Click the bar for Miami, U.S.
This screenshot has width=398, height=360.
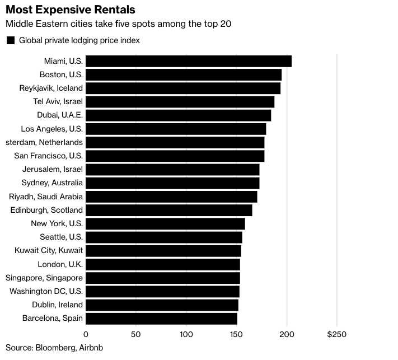pyautogui.click(x=189, y=61)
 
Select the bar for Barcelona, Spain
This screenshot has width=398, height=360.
pyautogui.click(x=161, y=319)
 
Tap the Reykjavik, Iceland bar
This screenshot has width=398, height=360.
pyautogui.click(x=183, y=88)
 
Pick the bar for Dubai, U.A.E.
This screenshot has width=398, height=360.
pyautogui.click(x=179, y=115)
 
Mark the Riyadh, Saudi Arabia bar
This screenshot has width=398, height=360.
pyautogui.click(x=171, y=197)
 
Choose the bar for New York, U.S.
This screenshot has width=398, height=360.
pyautogui.click(x=165, y=223)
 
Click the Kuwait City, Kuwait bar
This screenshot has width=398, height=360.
pyautogui.click(x=163, y=251)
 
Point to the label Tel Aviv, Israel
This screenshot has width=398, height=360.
pyautogui.click(x=58, y=101)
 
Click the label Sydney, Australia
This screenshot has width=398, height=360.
pyautogui.click(x=52, y=183)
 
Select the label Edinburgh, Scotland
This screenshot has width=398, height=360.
pyautogui.click(x=46, y=210)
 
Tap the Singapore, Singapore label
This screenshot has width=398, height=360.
pyautogui.click(x=44, y=278)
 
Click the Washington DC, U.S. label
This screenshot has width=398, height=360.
pyautogui.click(x=46, y=291)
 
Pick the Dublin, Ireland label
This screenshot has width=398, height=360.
pyautogui.click(x=57, y=305)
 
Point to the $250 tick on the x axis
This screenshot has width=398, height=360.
pyautogui.click(x=337, y=334)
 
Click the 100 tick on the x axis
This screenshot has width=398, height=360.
pyautogui.click(x=186, y=334)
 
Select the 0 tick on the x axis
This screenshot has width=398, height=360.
pyautogui.click(x=86, y=334)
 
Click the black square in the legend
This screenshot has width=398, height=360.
pyautogui.click(x=11, y=40)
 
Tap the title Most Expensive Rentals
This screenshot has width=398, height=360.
pyautogui.click(x=71, y=10)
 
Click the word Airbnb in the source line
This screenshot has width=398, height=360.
pyautogui.click(x=91, y=348)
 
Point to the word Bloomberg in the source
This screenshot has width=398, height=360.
pyautogui.click(x=55, y=348)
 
